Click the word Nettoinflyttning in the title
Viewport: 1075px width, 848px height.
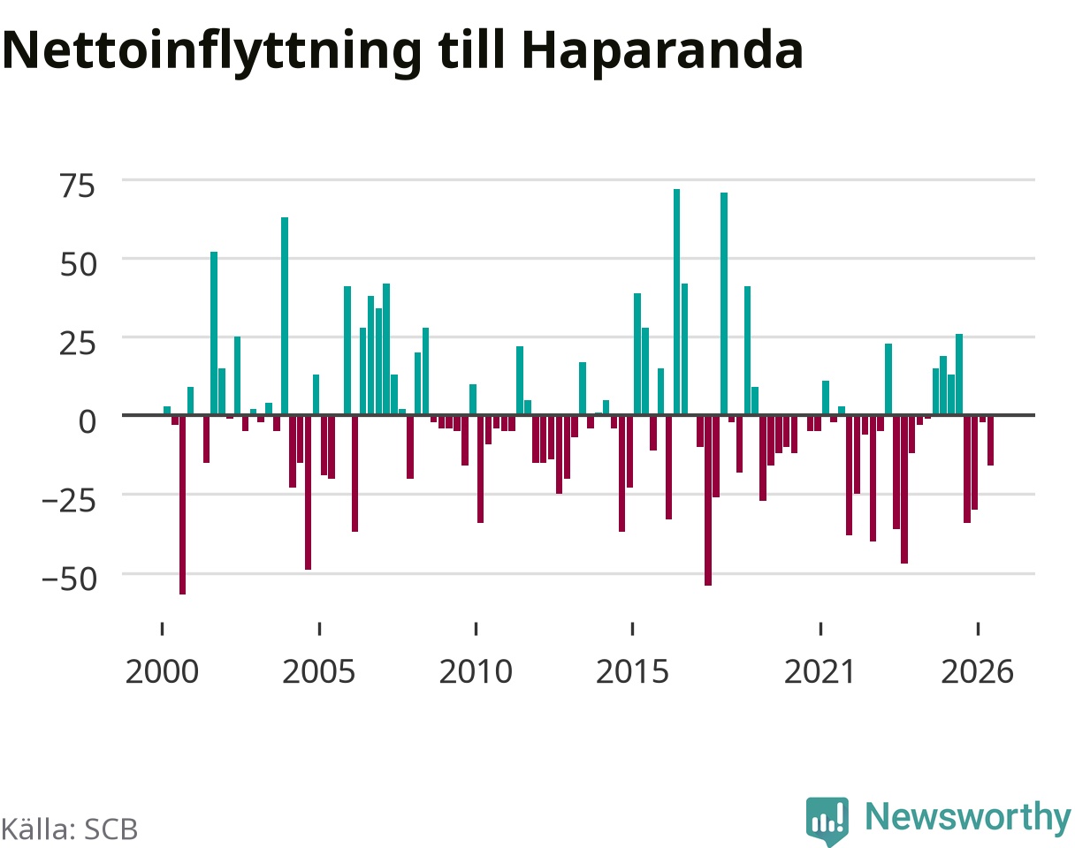click(212, 52)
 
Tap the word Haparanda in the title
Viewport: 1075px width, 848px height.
click(662, 52)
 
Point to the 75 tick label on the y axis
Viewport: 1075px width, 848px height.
click(78, 185)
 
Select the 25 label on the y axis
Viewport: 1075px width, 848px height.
click(78, 344)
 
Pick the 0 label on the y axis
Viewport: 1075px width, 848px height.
click(88, 421)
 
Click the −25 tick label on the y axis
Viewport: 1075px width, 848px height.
click(69, 501)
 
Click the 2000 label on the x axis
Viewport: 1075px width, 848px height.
click(162, 672)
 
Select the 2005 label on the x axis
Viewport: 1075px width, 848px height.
click(319, 672)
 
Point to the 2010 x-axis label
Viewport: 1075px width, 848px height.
click(476, 672)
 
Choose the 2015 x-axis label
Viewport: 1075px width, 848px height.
click(632, 672)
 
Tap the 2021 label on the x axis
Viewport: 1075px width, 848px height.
click(820, 672)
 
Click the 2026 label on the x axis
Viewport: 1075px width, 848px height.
click(978, 672)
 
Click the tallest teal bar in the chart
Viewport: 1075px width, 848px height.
click(677, 302)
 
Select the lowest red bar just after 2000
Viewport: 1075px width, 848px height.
click(182, 504)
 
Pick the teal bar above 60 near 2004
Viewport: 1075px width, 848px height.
click(285, 316)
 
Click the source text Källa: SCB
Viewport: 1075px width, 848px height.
click(70, 829)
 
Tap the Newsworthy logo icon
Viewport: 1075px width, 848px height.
click(827, 820)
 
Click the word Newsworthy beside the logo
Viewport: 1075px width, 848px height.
click(968, 818)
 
